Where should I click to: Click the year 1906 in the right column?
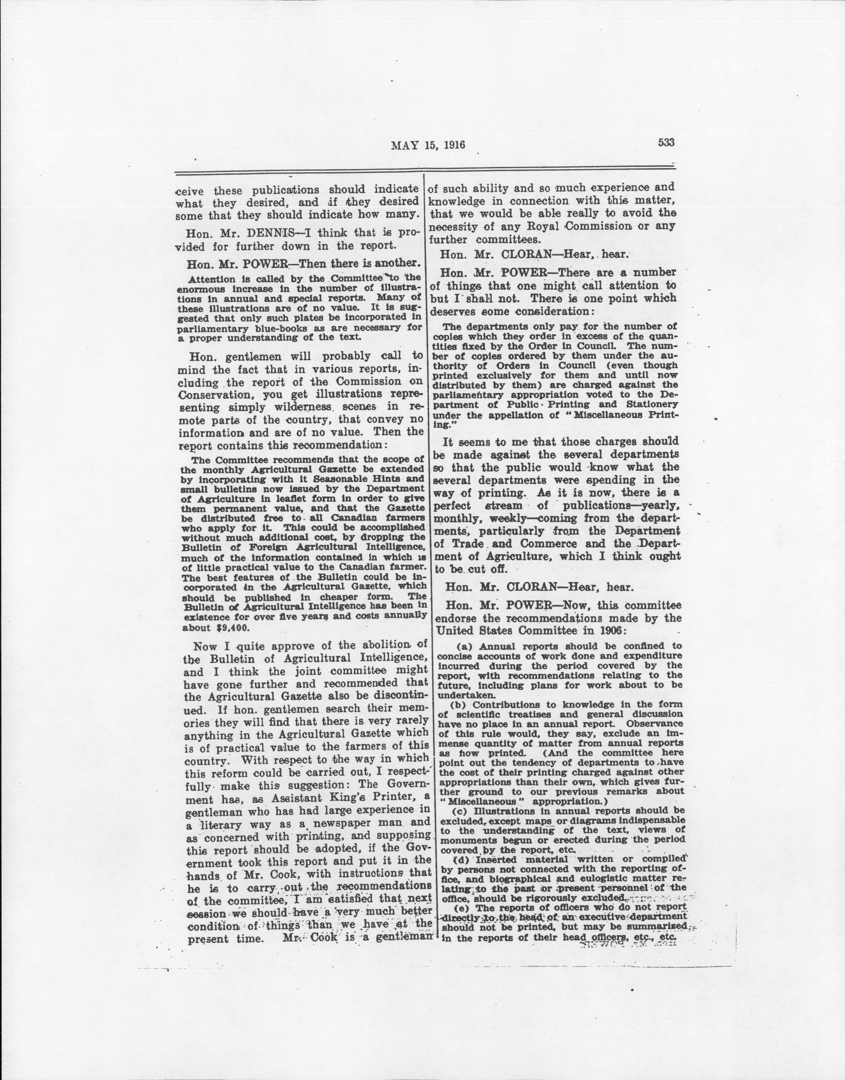(610, 631)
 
